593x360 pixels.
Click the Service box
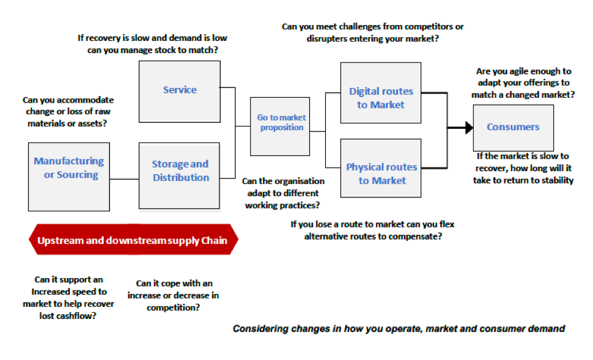click(x=180, y=92)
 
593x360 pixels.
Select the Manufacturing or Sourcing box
click(x=69, y=177)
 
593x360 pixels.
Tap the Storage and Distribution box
click(x=179, y=175)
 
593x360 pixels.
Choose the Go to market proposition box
click(x=280, y=127)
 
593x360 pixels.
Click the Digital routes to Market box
click(x=381, y=93)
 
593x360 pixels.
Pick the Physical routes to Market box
click(x=381, y=168)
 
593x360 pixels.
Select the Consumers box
click(x=513, y=128)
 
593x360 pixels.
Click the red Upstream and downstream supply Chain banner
click(x=133, y=240)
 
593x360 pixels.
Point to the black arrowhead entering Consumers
click(x=469, y=128)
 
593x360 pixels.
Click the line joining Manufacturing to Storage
click(x=125, y=179)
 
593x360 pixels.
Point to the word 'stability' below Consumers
click(x=558, y=180)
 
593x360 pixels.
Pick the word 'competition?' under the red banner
click(x=173, y=307)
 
